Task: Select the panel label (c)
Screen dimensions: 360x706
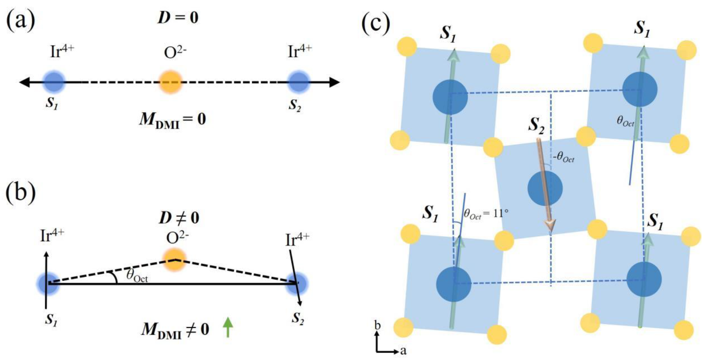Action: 376,23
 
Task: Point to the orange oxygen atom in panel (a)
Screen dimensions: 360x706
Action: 171,82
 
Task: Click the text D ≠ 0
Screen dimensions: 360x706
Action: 179,218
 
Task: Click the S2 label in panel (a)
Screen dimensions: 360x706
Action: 295,105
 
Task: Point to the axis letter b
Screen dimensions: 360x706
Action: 378,326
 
